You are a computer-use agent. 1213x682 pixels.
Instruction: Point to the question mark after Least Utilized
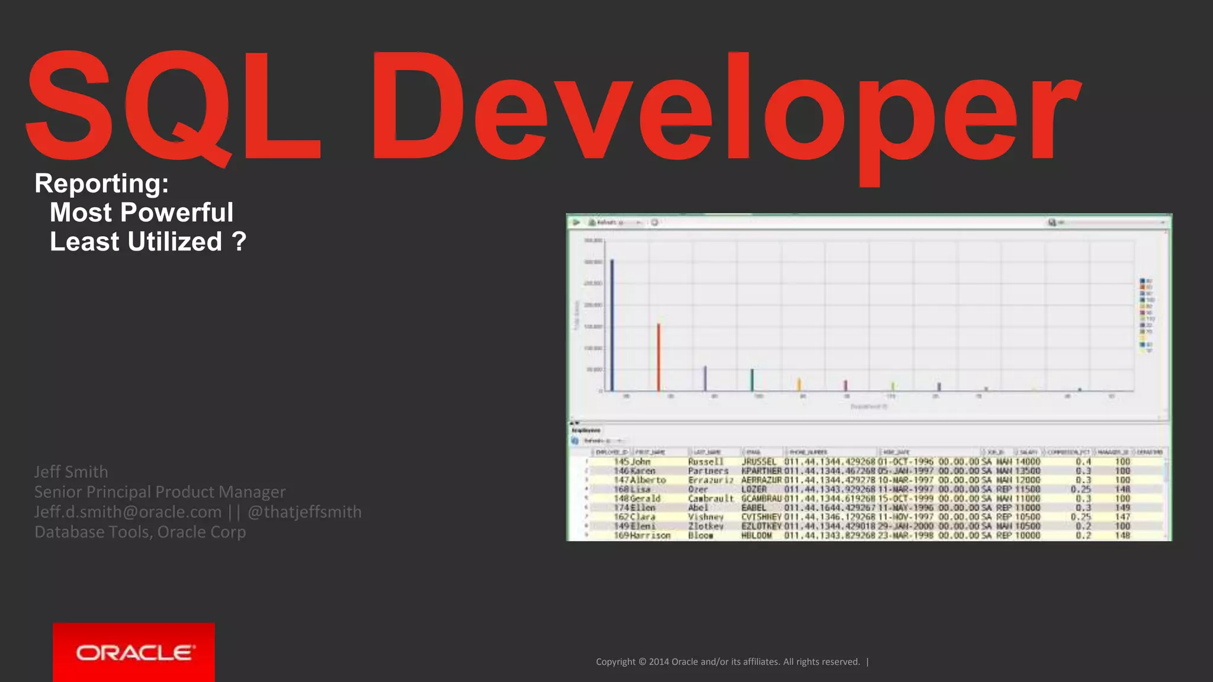click(x=239, y=242)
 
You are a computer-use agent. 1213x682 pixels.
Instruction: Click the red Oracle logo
click(x=134, y=652)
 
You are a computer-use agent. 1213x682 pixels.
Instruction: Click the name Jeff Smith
click(x=71, y=472)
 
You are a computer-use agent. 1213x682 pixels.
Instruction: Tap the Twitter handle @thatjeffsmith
click(x=304, y=512)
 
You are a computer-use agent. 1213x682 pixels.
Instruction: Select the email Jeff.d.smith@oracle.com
click(x=128, y=512)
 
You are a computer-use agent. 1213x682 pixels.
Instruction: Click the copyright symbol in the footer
click(x=642, y=662)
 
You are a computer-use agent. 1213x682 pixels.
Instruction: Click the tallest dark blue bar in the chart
click(x=612, y=326)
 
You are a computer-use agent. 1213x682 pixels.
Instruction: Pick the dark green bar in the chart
click(x=752, y=379)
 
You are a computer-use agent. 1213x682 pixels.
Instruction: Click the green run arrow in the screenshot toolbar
click(x=576, y=223)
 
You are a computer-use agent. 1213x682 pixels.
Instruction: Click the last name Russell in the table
click(x=705, y=462)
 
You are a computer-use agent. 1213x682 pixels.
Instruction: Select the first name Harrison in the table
click(x=650, y=536)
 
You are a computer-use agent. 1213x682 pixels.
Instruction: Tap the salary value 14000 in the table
click(x=1028, y=462)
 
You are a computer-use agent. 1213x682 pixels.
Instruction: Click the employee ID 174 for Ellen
click(x=621, y=508)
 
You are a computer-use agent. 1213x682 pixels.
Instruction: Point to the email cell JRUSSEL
click(x=759, y=462)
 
